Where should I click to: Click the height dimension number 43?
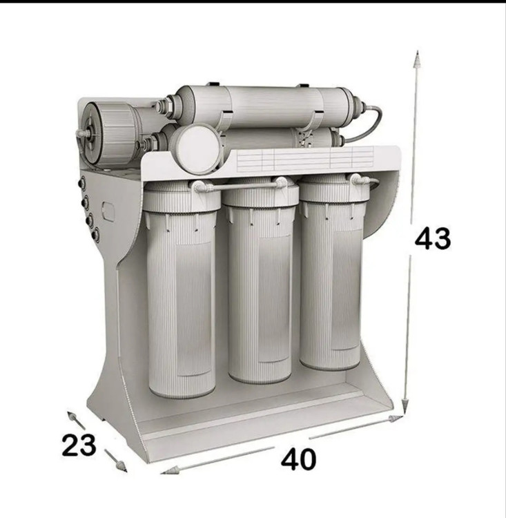[x=433, y=238]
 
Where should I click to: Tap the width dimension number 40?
[x=299, y=459]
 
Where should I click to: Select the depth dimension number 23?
[x=79, y=445]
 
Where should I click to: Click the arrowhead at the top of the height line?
[x=418, y=59]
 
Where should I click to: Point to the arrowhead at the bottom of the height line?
[x=405, y=405]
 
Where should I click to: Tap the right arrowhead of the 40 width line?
[x=396, y=419]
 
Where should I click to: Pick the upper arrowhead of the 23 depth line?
[x=71, y=416]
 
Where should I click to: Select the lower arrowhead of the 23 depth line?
[x=122, y=467]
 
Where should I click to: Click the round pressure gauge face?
[x=195, y=148]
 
